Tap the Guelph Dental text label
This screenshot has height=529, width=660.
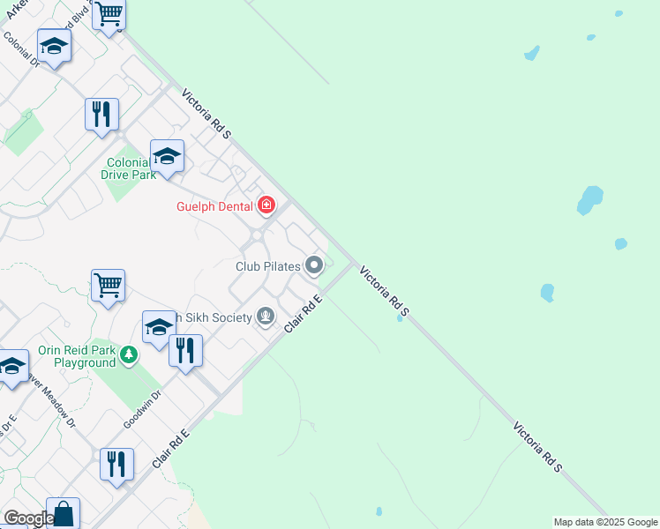click(x=215, y=206)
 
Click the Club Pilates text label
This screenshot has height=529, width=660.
click(x=268, y=265)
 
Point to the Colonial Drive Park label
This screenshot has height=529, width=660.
click(x=131, y=168)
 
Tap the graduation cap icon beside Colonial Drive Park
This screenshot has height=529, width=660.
click(x=167, y=157)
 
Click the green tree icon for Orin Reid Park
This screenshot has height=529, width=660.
click(x=130, y=355)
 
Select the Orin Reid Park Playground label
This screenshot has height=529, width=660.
click(x=77, y=356)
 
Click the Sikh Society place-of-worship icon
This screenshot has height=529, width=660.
click(x=266, y=317)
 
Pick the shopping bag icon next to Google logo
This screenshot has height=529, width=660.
click(x=63, y=513)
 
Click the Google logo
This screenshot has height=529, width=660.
click(x=28, y=518)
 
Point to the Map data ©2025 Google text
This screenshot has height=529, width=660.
click(x=605, y=522)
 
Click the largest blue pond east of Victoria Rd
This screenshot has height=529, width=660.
click(x=589, y=200)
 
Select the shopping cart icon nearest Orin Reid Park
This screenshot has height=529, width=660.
click(x=108, y=286)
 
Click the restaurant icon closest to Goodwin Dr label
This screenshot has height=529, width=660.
click(x=185, y=352)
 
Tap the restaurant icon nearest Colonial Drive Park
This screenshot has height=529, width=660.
click(x=101, y=115)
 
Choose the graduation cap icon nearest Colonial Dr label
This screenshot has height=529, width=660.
click(x=54, y=46)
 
